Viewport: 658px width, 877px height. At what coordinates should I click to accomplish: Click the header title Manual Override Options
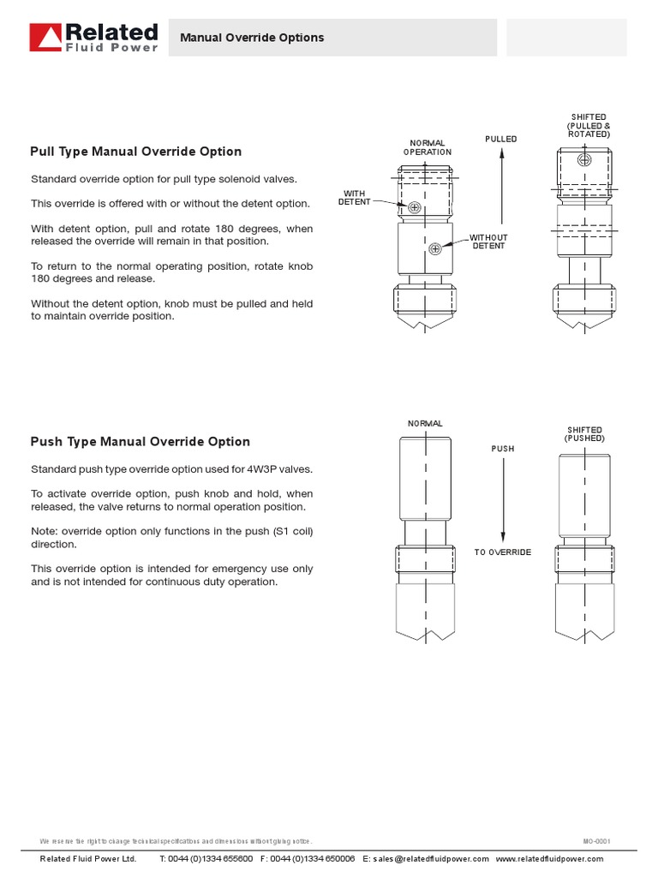(252, 38)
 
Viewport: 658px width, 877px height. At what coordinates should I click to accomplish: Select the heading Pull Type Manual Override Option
(136, 152)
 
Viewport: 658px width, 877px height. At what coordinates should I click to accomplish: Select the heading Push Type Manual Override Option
(141, 442)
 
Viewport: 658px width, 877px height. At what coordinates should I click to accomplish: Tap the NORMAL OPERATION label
(427, 147)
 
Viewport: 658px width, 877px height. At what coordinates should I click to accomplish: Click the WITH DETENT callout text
(354, 198)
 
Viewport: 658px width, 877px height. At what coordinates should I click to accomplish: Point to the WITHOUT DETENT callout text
(488, 242)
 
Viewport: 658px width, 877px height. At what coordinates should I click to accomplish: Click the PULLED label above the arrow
(501, 139)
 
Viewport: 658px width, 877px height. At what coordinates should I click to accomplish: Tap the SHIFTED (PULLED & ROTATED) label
(589, 126)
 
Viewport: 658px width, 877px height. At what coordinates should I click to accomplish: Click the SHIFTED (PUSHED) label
(584, 434)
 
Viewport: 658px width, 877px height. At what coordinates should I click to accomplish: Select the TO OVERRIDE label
(503, 552)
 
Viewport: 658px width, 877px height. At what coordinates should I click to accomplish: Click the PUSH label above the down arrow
(503, 449)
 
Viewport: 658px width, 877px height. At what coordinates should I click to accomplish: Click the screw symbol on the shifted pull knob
(584, 160)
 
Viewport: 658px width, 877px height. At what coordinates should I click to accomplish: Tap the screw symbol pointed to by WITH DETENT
(415, 207)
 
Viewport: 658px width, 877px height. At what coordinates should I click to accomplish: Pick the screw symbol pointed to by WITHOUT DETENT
(435, 248)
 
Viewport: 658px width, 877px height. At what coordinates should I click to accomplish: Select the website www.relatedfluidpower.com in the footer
(549, 859)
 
